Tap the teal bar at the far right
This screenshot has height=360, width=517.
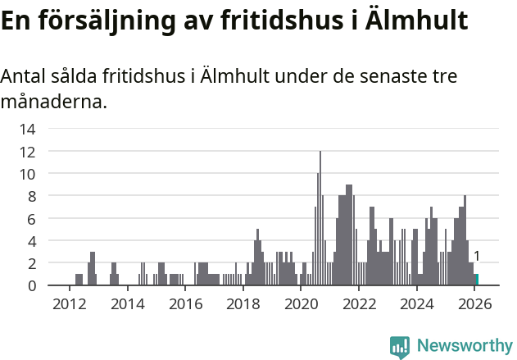click(x=477, y=280)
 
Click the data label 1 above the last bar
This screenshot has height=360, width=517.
click(x=477, y=257)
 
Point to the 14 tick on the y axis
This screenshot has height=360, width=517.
click(x=27, y=129)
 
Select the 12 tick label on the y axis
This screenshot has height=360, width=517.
click(x=27, y=152)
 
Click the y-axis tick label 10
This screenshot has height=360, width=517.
click(x=27, y=174)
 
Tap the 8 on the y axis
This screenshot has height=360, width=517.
click(x=31, y=196)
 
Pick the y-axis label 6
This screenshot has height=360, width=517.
click(x=31, y=219)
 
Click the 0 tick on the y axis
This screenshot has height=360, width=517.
click(x=31, y=285)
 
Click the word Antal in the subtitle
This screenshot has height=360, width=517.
click(x=24, y=77)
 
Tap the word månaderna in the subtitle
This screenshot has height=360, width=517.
click(x=53, y=103)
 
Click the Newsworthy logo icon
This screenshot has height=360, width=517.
click(x=400, y=346)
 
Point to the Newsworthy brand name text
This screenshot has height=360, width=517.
click(x=465, y=346)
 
